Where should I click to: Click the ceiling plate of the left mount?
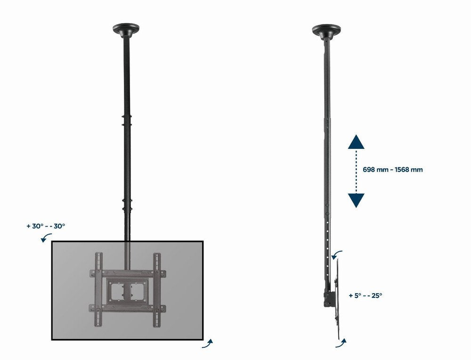[126, 29]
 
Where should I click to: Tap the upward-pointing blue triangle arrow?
[357, 142]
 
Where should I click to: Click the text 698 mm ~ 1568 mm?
[393, 170]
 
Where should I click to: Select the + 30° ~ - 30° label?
[46, 226]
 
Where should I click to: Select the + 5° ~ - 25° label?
[365, 296]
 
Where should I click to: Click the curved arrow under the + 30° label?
[46, 238]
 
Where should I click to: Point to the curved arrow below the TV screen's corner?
[207, 344]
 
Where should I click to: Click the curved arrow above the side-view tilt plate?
[337, 255]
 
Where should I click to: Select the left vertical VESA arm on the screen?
[99, 290]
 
